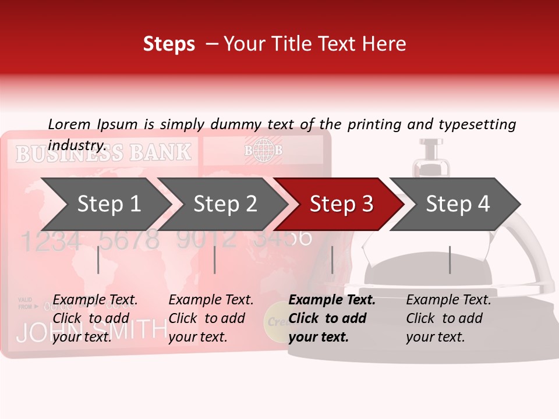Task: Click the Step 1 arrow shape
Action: pyautogui.click(x=108, y=204)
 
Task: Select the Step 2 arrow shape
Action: pyautogui.click(x=225, y=204)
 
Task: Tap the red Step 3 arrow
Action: pyautogui.click(x=341, y=204)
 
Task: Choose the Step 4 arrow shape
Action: pyautogui.click(x=457, y=204)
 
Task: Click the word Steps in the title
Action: pyautogui.click(x=169, y=44)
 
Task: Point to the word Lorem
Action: pyautogui.click(x=69, y=124)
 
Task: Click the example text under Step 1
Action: pyautogui.click(x=95, y=318)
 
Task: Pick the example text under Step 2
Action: pyautogui.click(x=211, y=318)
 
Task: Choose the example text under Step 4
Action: pyautogui.click(x=448, y=318)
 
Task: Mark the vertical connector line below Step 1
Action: pyautogui.click(x=98, y=260)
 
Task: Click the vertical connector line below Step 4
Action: pyautogui.click(x=450, y=260)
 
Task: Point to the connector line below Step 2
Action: pyautogui.click(x=215, y=260)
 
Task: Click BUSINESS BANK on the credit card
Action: pyautogui.click(x=103, y=153)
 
